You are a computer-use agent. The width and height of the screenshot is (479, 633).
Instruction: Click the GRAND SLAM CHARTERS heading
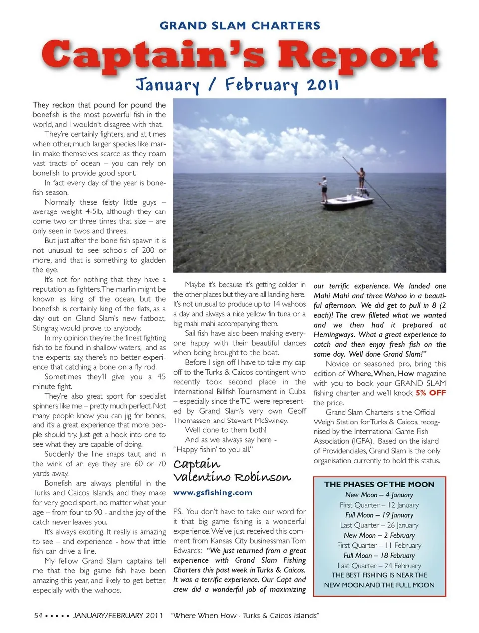(x=239, y=26)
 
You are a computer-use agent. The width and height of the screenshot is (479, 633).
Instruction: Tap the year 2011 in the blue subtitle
(x=323, y=84)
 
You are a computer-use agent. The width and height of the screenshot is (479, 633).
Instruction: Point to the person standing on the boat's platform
(x=362, y=178)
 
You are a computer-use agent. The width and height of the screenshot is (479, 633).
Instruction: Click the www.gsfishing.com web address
(x=213, y=492)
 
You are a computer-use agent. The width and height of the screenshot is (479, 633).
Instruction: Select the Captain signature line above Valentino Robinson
(x=197, y=464)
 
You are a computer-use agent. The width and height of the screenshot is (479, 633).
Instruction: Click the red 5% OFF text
(x=431, y=393)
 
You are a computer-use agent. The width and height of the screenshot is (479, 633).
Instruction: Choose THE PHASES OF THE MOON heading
(x=379, y=484)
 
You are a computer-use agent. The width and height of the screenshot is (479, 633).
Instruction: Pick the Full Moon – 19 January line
(x=379, y=515)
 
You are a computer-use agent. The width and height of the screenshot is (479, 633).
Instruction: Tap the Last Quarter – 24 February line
(x=379, y=566)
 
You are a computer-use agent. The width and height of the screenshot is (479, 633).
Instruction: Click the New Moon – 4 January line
(x=379, y=495)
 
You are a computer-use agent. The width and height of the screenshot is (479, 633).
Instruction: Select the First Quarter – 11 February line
(x=379, y=545)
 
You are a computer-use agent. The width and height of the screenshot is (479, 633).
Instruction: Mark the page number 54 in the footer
(x=38, y=615)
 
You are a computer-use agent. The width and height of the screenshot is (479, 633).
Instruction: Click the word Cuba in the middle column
(x=297, y=392)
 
